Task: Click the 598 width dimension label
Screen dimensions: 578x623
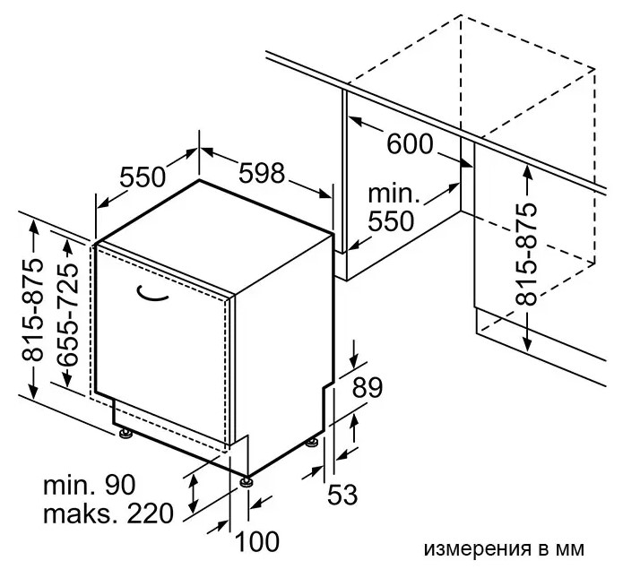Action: (x=261, y=173)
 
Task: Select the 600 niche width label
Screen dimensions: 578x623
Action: (x=410, y=143)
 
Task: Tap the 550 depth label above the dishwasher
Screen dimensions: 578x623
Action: (x=143, y=177)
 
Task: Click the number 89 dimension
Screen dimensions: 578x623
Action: (x=366, y=388)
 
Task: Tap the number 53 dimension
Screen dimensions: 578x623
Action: (x=342, y=494)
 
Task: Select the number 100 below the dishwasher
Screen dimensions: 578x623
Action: (x=258, y=541)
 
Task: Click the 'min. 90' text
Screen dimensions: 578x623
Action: (x=89, y=486)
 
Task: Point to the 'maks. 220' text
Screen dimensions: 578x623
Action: (x=107, y=514)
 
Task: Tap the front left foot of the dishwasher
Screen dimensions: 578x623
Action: (x=125, y=435)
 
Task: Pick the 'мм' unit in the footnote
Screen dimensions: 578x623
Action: (x=569, y=548)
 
